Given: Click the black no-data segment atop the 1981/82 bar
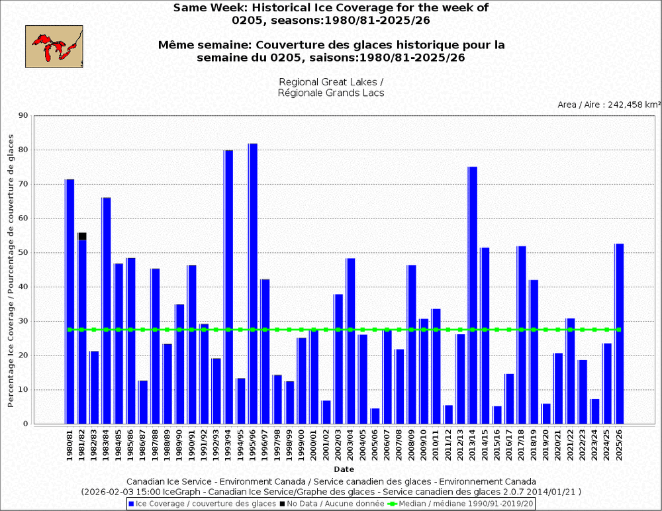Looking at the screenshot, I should [82, 236].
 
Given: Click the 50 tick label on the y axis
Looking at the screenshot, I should [24, 253].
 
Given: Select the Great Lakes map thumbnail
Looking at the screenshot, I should [54, 46].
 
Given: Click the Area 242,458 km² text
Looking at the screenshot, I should [609, 105].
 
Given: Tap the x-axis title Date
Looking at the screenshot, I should [344, 469].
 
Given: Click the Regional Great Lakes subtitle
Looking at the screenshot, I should [331, 82].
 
